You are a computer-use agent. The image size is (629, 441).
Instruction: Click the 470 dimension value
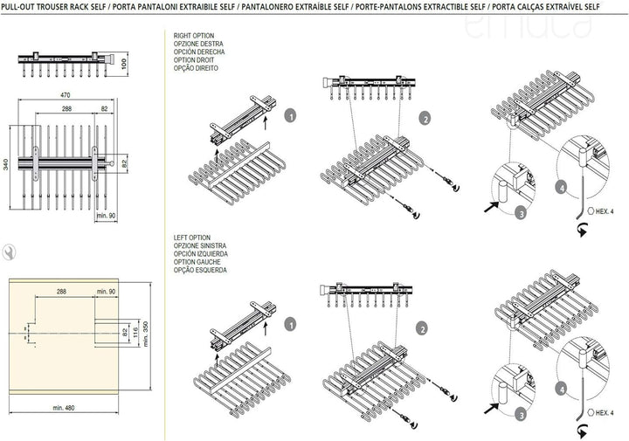tap(65, 95)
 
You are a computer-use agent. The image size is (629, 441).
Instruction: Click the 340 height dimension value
tap(5, 164)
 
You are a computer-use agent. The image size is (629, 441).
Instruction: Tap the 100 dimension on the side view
tap(124, 64)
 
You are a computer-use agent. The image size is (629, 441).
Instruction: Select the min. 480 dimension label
tap(64, 408)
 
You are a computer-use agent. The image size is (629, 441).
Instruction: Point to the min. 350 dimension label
tap(145, 334)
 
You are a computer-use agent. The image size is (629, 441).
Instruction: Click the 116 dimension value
tap(135, 332)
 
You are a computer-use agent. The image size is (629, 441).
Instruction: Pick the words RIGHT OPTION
tap(194, 36)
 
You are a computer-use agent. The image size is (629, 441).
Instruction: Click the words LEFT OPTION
tap(191, 238)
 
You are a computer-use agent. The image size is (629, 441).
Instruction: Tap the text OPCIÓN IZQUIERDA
tap(201, 254)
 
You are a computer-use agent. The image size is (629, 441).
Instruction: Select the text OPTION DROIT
tap(194, 60)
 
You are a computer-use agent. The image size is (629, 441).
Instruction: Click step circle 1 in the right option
tap(290, 116)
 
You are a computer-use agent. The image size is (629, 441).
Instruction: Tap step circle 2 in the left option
tap(422, 329)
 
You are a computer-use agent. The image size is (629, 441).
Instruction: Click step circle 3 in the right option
tap(521, 213)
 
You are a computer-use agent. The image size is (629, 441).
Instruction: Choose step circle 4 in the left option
tap(562, 389)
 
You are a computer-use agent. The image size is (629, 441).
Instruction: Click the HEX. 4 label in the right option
tap(605, 211)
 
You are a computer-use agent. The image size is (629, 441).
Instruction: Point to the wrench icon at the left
tap(9, 252)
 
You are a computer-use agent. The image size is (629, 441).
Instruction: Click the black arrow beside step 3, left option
tap(491, 408)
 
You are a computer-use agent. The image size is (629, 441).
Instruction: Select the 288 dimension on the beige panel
tap(61, 292)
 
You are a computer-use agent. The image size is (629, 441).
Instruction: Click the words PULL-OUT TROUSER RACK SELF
tap(54, 7)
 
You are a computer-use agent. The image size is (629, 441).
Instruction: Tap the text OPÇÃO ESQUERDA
tap(200, 270)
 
